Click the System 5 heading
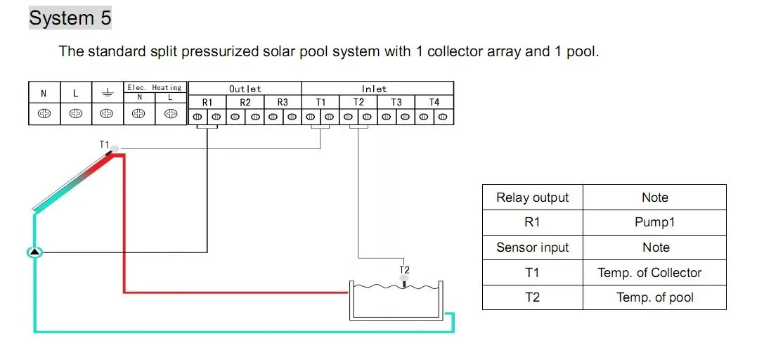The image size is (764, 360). pos(70,18)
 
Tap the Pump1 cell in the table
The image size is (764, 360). pos(654,223)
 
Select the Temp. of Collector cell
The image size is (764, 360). pos(654,273)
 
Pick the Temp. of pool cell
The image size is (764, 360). pos(654,297)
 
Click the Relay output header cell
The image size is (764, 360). pos(532,198)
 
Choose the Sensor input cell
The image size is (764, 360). pos(532,247)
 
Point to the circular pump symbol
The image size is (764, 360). pos(34,251)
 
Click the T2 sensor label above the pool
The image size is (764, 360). pos(404,269)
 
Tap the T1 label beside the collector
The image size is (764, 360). pos(104,144)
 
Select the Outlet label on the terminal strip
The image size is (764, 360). pos(245,89)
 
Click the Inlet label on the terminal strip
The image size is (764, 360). pos(374,89)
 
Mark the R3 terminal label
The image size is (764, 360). pos(283,102)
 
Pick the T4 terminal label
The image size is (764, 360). pos(434,102)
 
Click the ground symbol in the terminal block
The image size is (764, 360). pos(106,93)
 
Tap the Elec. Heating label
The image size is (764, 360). pos(154,87)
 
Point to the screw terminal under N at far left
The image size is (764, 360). pos(44,114)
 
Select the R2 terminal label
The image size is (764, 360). pos(245,102)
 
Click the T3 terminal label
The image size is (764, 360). pos(396,102)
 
